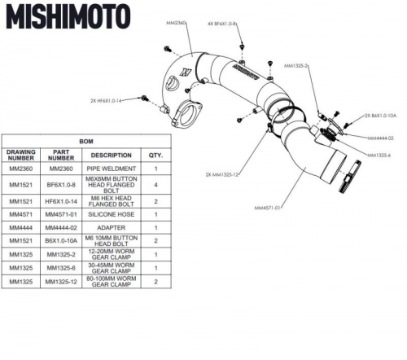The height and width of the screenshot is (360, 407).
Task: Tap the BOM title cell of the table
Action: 85,141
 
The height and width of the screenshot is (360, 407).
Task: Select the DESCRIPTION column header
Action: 112,155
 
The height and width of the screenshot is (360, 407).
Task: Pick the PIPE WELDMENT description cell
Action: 112,169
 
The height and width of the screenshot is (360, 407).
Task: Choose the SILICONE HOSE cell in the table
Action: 112,214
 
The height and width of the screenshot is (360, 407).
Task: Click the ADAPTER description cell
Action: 112,228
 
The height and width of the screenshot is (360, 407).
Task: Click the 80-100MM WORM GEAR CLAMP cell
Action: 112,283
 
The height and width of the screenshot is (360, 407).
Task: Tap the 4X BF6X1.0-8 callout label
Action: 222,24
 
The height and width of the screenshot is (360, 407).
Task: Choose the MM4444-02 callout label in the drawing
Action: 380,138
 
